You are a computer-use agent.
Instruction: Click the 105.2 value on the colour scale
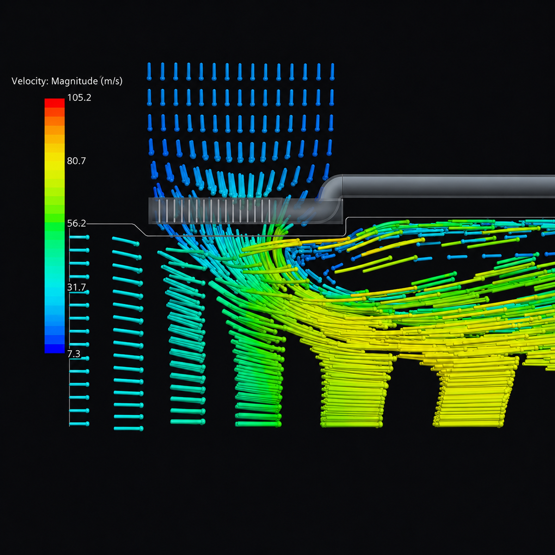pos(79,98)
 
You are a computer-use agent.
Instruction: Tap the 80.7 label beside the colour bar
pos(76,160)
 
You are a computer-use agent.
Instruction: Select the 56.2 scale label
pos(76,223)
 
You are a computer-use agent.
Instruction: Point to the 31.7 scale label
pos(76,287)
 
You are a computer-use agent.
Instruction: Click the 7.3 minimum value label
pos(74,354)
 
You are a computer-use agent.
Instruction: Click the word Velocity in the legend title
pos(30,81)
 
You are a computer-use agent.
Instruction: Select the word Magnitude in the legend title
pos(74,81)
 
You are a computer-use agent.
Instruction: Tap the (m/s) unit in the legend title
pos(111,81)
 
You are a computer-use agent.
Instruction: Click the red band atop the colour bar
pos(55,103)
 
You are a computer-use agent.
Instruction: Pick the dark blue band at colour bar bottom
pos(55,349)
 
